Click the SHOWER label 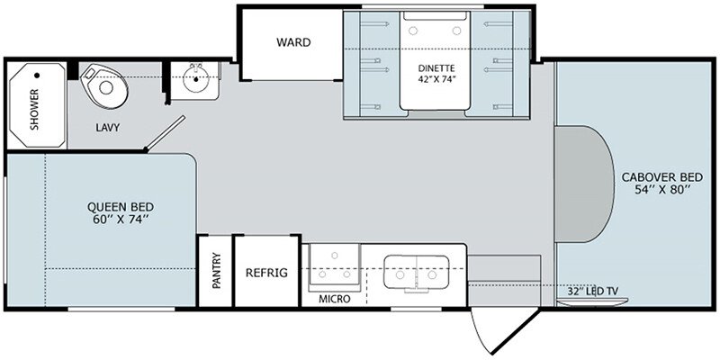(34, 109)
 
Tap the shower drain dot (37, 75)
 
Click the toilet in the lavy (103, 85)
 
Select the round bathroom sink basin (196, 78)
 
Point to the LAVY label (108, 128)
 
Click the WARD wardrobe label (293, 42)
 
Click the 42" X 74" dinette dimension (437, 79)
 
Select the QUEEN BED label (121, 207)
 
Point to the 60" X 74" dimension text (121, 219)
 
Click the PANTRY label (217, 271)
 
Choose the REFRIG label (266, 273)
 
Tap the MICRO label (335, 300)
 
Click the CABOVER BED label (662, 177)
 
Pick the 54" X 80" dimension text (662, 190)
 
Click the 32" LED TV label (593, 291)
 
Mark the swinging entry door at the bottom (504, 331)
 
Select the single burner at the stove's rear (335, 256)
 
